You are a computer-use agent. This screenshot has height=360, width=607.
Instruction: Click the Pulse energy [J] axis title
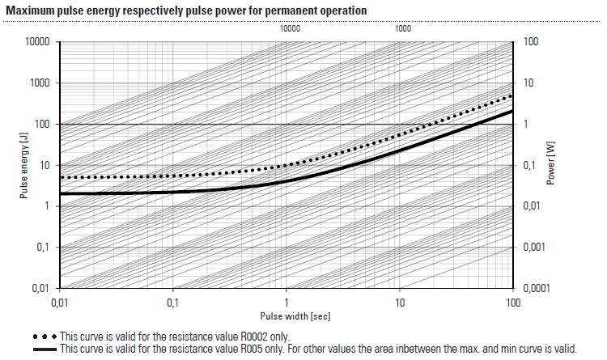[26, 165]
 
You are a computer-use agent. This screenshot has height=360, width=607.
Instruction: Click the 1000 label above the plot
[402, 28]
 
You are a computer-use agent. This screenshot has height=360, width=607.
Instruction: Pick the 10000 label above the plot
[290, 28]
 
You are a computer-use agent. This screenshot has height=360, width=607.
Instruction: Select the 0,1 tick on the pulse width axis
[172, 303]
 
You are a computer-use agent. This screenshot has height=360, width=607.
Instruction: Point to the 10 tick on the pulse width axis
[399, 303]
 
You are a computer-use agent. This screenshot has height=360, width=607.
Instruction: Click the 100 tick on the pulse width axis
[511, 303]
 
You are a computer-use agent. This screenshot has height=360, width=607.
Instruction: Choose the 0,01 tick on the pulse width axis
[58, 303]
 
